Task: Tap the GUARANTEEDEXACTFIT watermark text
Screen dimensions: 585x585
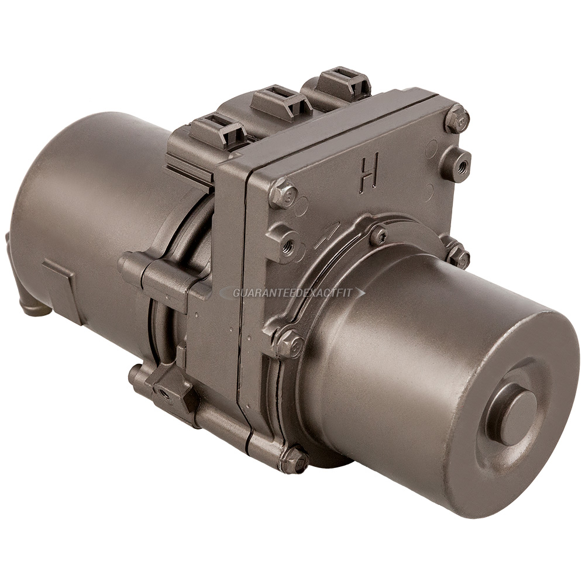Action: pyautogui.click(x=292, y=293)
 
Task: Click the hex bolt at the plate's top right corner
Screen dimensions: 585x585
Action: pyautogui.click(x=457, y=119)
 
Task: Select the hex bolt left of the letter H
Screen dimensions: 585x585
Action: pyautogui.click(x=284, y=193)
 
